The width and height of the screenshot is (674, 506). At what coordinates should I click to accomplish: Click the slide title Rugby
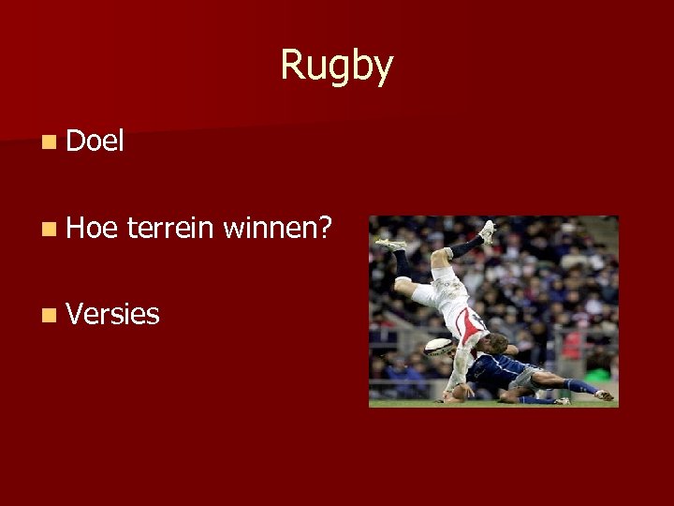[x=336, y=66]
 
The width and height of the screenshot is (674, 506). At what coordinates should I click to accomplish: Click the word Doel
[x=95, y=141]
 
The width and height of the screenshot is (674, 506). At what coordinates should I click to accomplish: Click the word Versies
[x=113, y=314]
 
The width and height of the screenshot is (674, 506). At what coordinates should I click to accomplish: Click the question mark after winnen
[x=324, y=228]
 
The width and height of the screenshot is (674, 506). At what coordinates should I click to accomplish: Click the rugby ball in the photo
[x=439, y=348]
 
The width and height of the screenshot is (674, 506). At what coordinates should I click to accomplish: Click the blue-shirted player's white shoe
[x=604, y=394]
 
